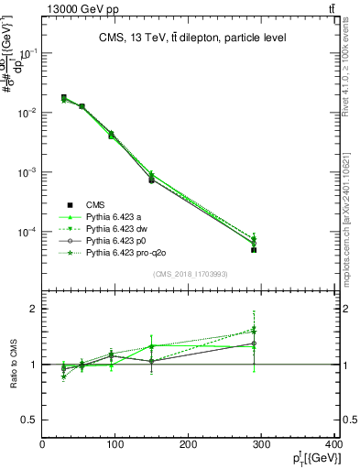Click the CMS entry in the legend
point(95,204)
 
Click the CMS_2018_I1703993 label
point(191,274)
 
